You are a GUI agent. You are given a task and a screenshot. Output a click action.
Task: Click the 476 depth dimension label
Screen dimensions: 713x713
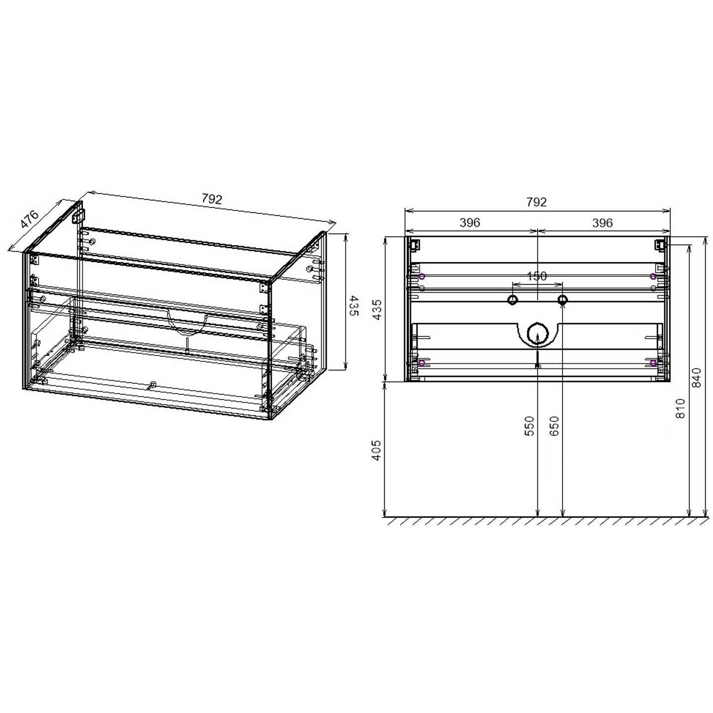30,219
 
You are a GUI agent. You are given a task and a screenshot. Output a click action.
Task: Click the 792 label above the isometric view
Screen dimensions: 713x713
212,200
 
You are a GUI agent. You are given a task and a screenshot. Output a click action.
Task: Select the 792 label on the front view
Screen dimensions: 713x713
537,202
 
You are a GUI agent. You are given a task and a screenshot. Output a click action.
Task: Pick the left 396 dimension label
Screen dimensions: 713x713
469,223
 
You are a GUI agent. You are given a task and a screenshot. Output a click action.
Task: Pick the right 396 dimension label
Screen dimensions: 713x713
603,223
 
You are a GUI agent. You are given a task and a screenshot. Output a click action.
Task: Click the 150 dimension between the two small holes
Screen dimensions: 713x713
537,276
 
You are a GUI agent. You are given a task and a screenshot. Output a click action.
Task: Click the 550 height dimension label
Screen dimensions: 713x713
530,426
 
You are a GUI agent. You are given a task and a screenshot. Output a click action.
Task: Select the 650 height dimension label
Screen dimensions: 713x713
555,426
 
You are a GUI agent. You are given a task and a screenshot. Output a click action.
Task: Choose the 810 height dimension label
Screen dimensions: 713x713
680,408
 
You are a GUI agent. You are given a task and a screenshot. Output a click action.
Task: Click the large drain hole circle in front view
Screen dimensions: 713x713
537,334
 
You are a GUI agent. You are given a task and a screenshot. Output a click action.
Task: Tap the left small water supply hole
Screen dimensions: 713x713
512,300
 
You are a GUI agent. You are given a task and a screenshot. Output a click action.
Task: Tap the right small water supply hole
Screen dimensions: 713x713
562,300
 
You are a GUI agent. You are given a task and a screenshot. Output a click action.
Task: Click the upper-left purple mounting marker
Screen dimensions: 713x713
421,276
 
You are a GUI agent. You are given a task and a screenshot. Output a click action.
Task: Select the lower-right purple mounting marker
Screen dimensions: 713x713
653,363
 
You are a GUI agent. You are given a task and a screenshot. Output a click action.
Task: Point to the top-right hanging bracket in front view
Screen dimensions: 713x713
660,245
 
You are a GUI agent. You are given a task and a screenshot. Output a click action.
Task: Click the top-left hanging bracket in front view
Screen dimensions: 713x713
415,245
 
